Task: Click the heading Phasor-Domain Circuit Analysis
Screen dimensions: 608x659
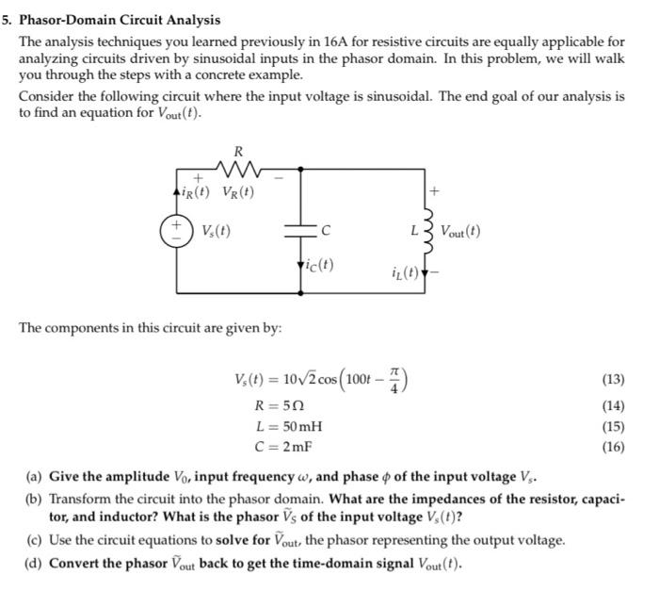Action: [118, 19]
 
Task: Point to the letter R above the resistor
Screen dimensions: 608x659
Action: [237, 150]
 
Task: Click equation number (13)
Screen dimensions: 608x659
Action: [613, 380]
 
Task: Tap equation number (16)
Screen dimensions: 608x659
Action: [613, 447]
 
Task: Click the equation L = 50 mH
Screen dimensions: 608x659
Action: [289, 427]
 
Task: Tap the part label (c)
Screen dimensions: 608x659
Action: [33, 540]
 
